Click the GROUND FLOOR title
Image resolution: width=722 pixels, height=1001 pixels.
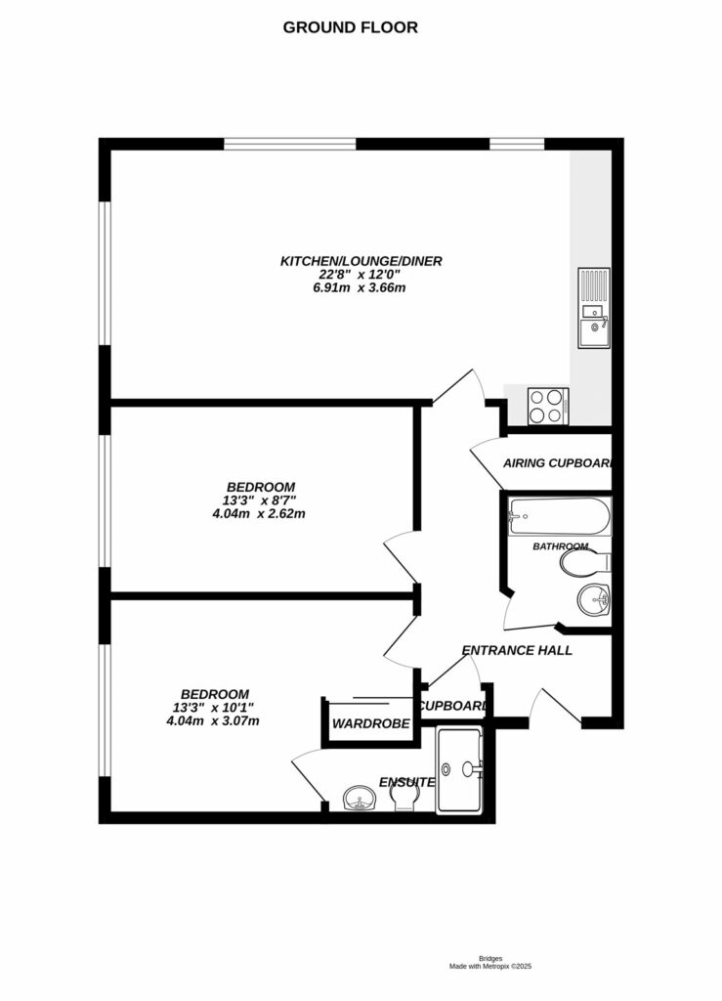point(350,27)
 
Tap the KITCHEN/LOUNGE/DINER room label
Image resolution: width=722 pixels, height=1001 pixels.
point(361,261)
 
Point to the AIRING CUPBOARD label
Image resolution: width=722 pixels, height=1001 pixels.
point(556,463)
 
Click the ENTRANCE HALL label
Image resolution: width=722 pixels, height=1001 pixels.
point(517,650)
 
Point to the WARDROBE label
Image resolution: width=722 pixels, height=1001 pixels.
point(362,724)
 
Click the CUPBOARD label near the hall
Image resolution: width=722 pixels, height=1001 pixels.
point(451,706)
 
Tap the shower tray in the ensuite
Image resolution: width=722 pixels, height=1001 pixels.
point(459,769)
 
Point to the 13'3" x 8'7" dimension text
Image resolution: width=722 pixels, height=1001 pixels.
point(260,500)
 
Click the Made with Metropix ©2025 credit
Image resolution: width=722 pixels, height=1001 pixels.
point(489,966)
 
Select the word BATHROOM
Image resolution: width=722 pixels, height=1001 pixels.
point(560,546)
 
